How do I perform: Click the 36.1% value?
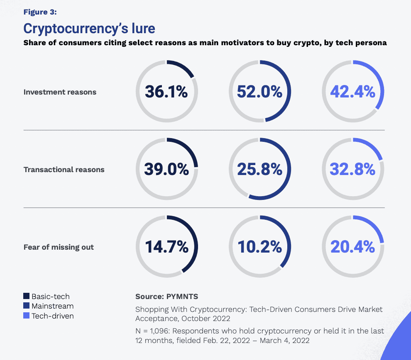pyautogui.click(x=166, y=92)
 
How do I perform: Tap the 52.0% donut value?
pyautogui.click(x=259, y=92)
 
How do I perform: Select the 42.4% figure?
pyautogui.click(x=352, y=92)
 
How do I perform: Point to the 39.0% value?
pyautogui.click(x=166, y=169)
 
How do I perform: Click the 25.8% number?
pyautogui.click(x=259, y=169)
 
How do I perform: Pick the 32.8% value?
pyautogui.click(x=352, y=169)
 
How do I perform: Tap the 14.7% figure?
pyautogui.click(x=166, y=247)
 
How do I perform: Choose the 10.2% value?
pyautogui.click(x=259, y=247)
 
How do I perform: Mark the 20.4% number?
pyautogui.click(x=352, y=247)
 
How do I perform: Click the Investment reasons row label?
pyautogui.click(x=60, y=92)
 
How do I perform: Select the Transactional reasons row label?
pyautogui.click(x=64, y=170)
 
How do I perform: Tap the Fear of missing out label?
pyautogui.click(x=59, y=247)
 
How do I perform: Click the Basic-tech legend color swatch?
pyautogui.click(x=27, y=296)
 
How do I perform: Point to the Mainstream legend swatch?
pyautogui.click(x=27, y=306)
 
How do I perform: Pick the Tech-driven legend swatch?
pyautogui.click(x=27, y=316)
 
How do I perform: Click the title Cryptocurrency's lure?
pyautogui.click(x=89, y=29)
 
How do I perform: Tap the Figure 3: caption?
pyautogui.click(x=40, y=12)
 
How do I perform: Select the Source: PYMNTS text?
pyautogui.click(x=166, y=297)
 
